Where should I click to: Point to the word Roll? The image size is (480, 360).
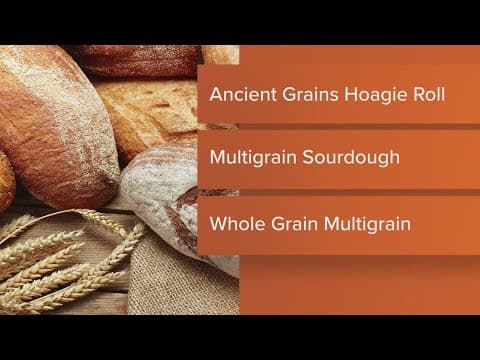[x=427, y=96]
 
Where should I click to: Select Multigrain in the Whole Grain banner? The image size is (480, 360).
[x=370, y=221]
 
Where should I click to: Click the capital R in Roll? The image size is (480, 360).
[x=414, y=96]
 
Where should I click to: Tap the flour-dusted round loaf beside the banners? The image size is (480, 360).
[x=165, y=200]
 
